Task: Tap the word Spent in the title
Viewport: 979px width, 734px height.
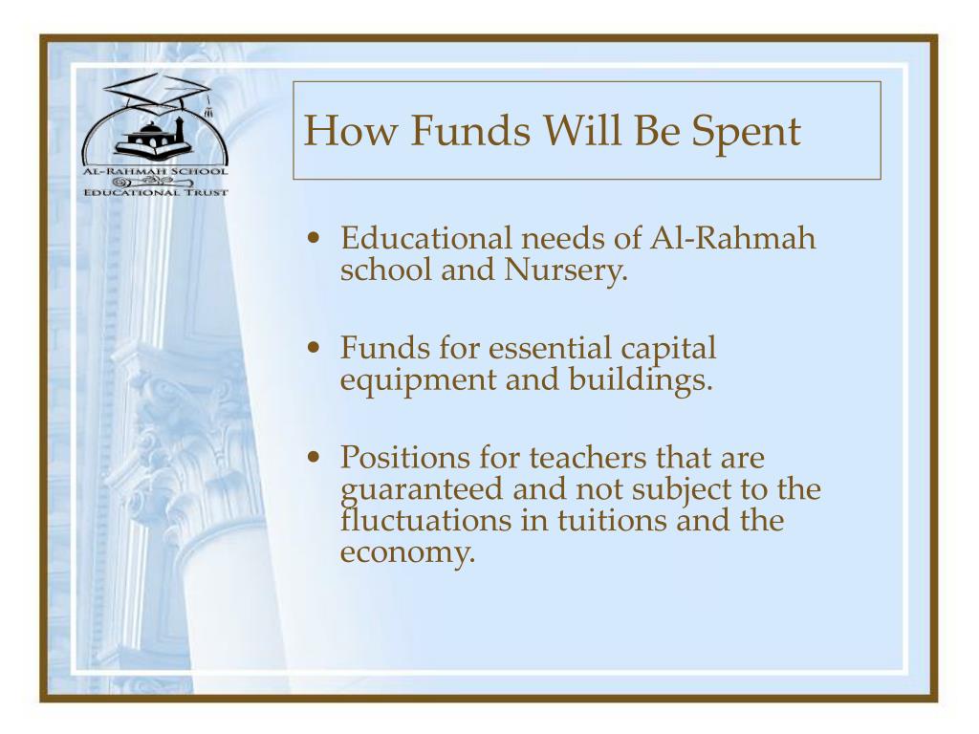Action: point(746,134)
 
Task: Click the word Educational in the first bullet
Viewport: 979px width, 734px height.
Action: point(425,238)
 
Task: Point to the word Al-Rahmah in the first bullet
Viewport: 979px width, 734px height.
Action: point(732,238)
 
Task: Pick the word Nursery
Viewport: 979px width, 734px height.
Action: point(565,270)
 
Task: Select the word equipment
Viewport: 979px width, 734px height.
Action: point(418,381)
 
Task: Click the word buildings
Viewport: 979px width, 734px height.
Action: point(641,380)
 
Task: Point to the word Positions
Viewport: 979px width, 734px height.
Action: point(404,458)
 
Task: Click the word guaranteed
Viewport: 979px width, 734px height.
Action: point(422,490)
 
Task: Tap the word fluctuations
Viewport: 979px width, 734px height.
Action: point(425,521)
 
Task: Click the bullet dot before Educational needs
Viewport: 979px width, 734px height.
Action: point(314,238)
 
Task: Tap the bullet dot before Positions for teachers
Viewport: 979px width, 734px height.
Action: point(314,458)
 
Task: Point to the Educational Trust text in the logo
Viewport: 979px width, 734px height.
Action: point(156,192)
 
